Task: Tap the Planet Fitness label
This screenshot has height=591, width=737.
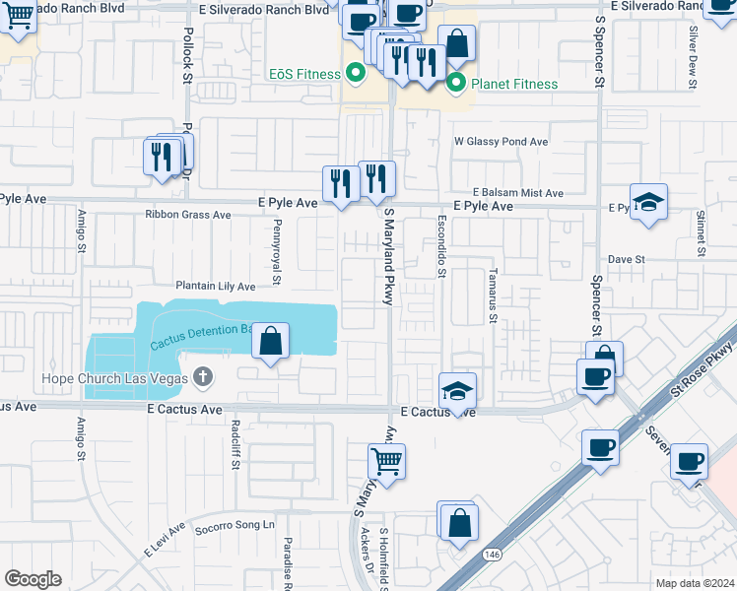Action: tap(514, 84)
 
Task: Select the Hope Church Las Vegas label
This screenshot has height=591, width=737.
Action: tap(114, 377)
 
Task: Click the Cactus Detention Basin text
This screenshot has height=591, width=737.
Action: tap(201, 338)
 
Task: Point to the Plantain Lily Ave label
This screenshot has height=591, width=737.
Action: tap(215, 286)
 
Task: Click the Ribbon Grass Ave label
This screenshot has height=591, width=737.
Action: tap(187, 214)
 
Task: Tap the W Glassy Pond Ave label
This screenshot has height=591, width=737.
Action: tap(501, 142)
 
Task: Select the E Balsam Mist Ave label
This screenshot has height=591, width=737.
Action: tap(517, 193)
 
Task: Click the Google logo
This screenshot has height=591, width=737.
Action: tap(33, 579)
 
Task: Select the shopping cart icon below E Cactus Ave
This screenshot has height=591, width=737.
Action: tap(387, 460)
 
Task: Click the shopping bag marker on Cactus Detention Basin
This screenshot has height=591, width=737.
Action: tap(271, 342)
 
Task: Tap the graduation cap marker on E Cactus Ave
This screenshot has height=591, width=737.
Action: tap(457, 390)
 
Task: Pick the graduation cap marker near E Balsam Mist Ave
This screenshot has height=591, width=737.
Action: tap(648, 202)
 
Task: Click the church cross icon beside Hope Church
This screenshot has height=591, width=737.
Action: tap(203, 377)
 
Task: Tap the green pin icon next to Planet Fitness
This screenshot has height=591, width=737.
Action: tap(455, 84)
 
